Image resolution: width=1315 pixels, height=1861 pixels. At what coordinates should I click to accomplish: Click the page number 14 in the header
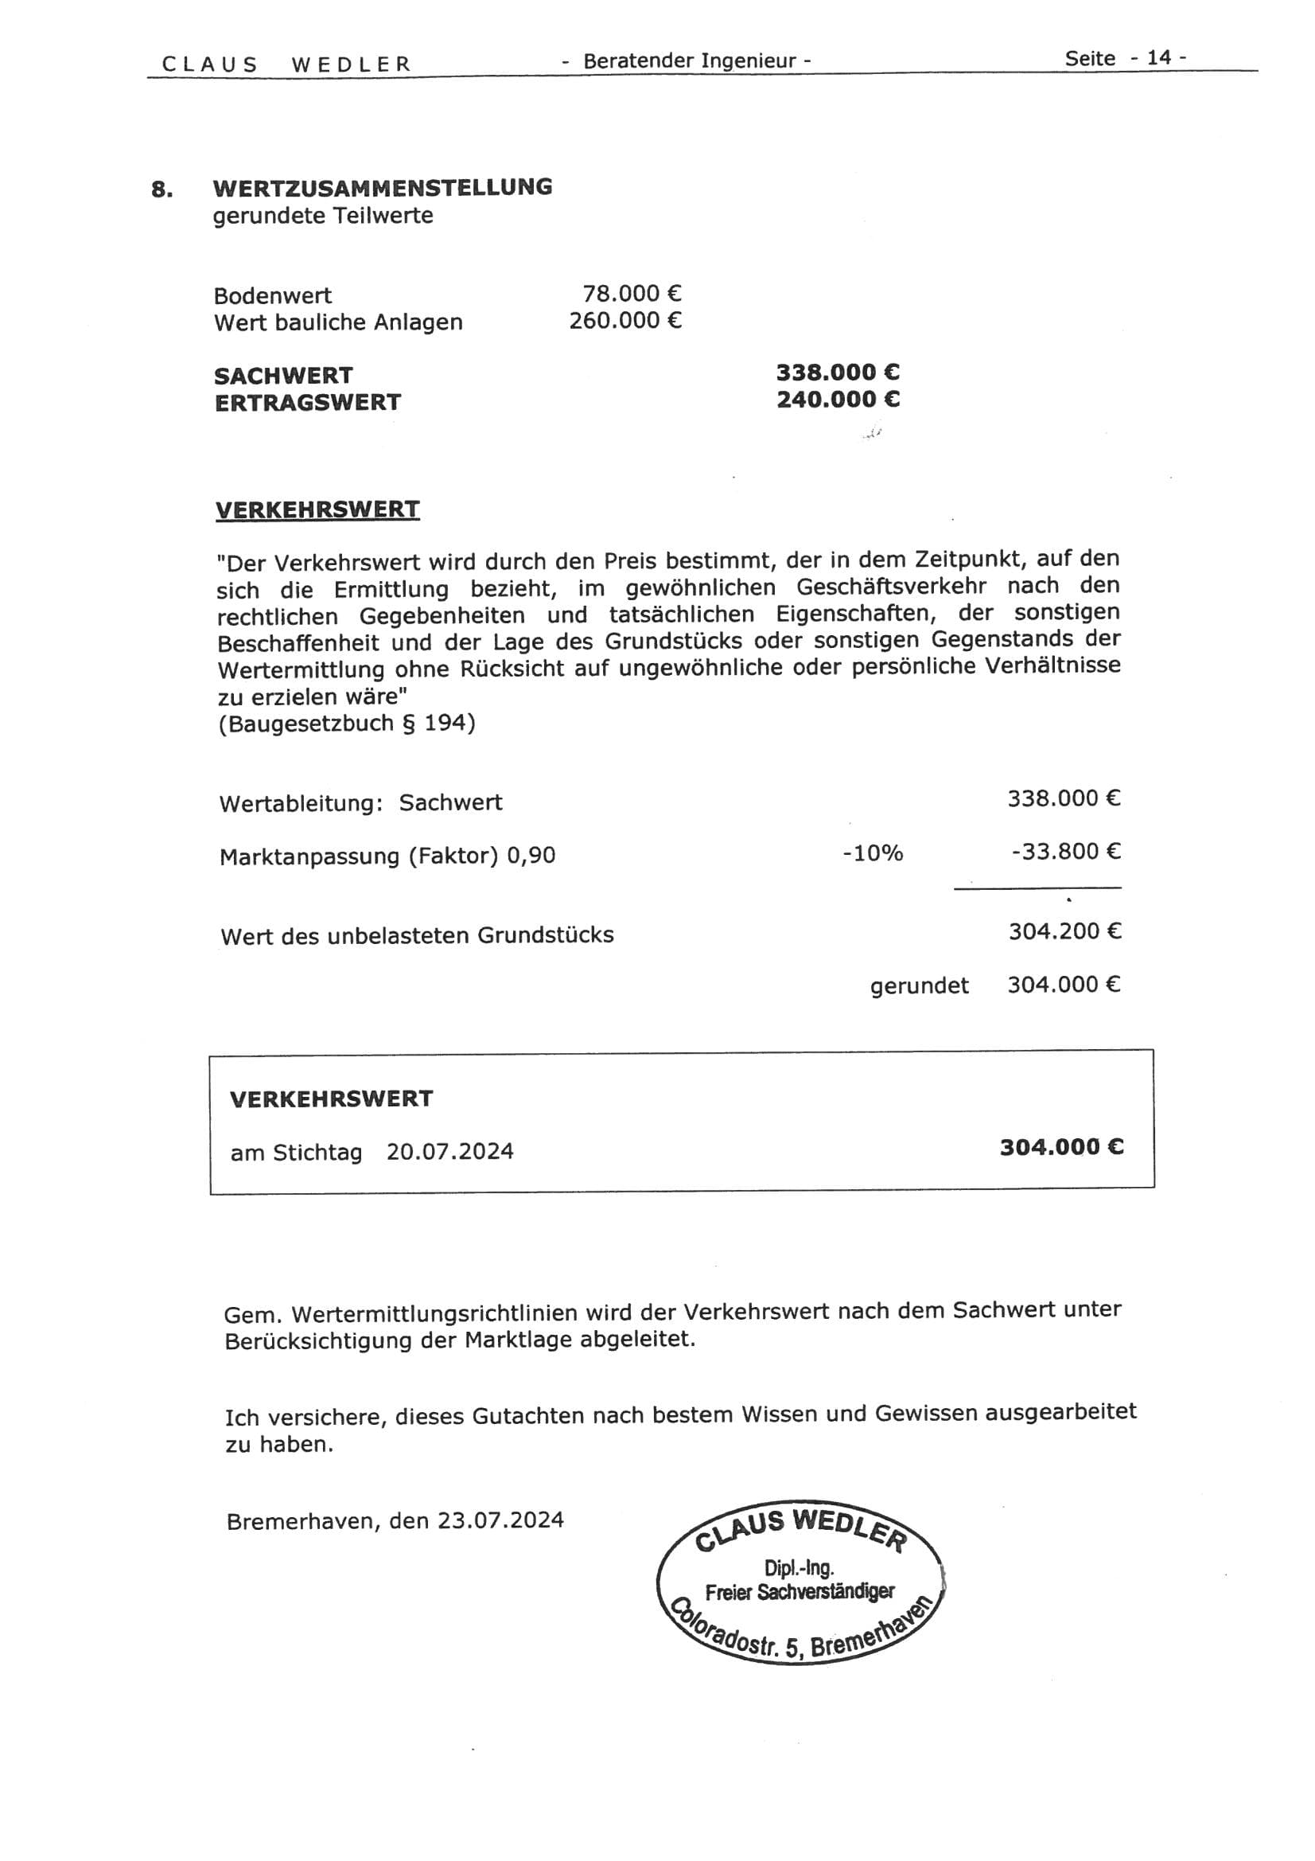[1158, 57]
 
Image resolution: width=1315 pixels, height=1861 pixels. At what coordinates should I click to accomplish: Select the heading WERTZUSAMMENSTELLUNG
[383, 187]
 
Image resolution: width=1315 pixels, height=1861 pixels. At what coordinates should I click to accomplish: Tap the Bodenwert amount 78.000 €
[632, 294]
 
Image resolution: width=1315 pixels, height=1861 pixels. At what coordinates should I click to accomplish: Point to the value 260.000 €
[624, 321]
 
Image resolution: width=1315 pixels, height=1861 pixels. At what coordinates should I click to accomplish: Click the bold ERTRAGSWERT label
[308, 403]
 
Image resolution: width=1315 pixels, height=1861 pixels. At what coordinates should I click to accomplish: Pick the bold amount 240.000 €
[838, 400]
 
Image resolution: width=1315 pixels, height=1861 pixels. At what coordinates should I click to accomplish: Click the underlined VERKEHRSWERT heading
[317, 510]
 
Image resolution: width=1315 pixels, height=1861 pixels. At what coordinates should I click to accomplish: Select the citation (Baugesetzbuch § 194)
[347, 723]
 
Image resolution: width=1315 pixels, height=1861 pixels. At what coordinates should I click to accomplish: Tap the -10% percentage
[873, 853]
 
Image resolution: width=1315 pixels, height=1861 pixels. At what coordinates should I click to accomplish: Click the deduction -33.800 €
[1065, 852]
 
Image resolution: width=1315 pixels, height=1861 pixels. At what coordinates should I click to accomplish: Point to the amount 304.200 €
[1064, 931]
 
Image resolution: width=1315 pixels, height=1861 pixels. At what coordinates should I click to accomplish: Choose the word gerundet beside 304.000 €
[920, 986]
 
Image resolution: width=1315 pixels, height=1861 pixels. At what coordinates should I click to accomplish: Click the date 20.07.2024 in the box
[449, 1152]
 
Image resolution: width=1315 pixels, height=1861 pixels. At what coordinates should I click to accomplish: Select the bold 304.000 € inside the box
[1061, 1147]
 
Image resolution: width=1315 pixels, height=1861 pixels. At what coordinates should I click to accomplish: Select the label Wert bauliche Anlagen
[338, 322]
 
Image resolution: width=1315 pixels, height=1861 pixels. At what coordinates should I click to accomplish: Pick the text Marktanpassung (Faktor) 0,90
[387, 856]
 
